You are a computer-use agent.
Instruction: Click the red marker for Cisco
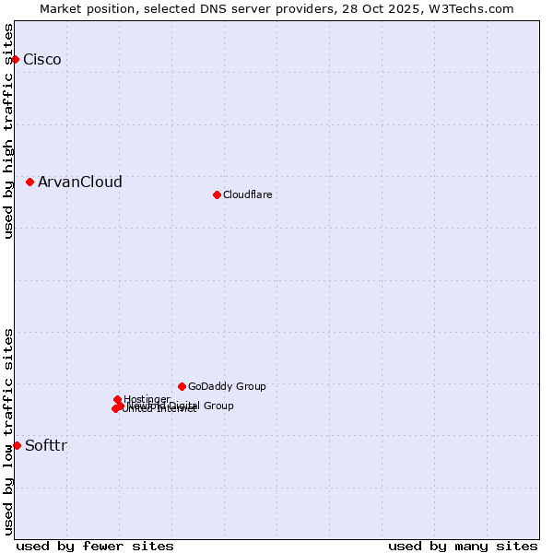click(15, 59)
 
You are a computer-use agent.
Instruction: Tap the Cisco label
click(42, 60)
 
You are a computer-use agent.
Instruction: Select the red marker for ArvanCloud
click(30, 182)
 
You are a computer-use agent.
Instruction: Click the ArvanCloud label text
click(80, 182)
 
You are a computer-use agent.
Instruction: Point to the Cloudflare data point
click(217, 194)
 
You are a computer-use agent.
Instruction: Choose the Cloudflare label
click(248, 194)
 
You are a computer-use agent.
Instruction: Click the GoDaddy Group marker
click(182, 386)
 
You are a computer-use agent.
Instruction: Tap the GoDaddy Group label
click(227, 387)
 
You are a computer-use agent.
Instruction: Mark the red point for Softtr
click(17, 445)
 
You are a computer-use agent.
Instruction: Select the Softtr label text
click(46, 446)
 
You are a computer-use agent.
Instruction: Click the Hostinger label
click(147, 399)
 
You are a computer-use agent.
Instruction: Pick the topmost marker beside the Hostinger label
click(118, 399)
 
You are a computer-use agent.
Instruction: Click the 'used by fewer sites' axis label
click(95, 546)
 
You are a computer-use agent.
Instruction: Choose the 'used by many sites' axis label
click(463, 546)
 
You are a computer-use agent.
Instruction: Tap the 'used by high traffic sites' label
click(8, 131)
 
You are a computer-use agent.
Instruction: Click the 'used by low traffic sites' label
click(8, 431)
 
